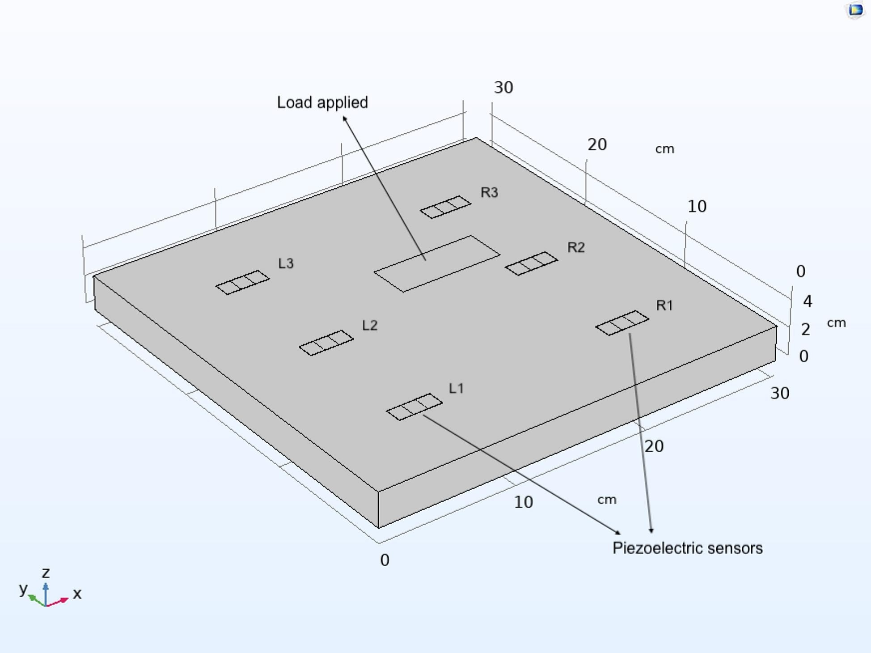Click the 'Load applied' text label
click(322, 103)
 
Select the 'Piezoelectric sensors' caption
click(687, 548)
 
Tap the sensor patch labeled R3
click(445, 207)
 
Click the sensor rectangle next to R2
click(531, 263)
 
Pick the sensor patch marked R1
click(622, 322)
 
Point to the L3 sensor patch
click(242, 282)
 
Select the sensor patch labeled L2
click(326, 343)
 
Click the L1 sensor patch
click(414, 407)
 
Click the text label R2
click(576, 248)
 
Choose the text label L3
click(286, 263)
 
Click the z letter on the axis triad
click(46, 573)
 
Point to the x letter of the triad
click(77, 594)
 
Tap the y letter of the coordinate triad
click(23, 589)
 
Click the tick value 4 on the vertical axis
click(807, 301)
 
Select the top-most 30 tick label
click(503, 88)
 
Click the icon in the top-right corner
click(855, 10)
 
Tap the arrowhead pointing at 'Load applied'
click(345, 119)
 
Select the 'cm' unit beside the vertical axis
click(836, 323)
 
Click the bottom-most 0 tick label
click(385, 560)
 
